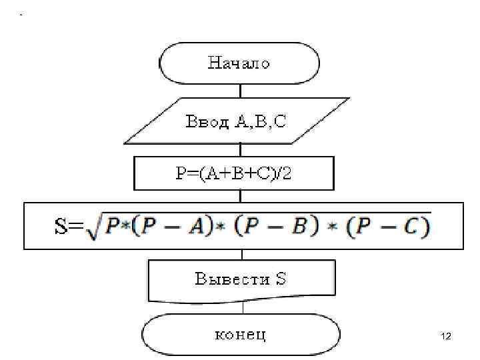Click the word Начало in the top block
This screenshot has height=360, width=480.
[x=239, y=64]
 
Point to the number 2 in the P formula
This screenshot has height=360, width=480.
[x=287, y=173]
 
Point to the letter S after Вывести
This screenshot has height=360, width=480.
[x=281, y=279]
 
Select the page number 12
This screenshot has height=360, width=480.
[x=447, y=337]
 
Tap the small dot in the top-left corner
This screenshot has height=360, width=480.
[x=21, y=14]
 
